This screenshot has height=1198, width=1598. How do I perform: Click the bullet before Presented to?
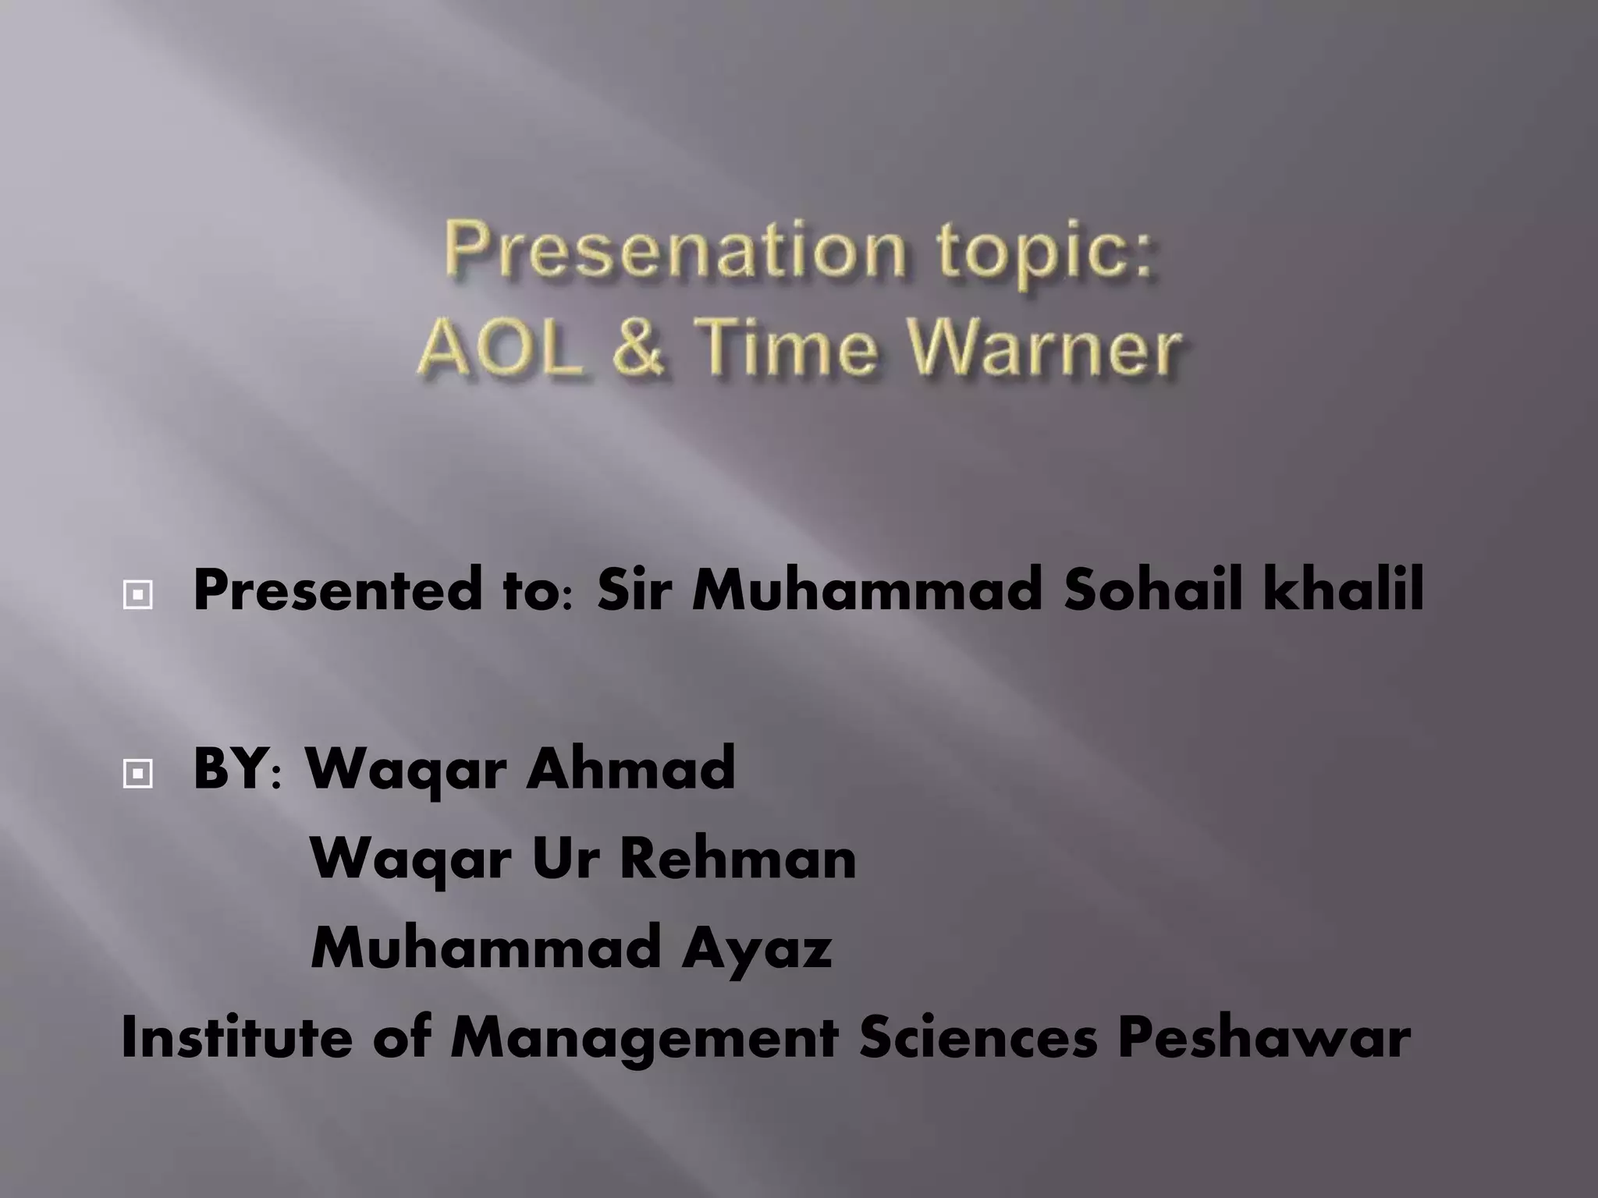pos(137,597)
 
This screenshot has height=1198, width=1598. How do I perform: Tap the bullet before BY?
pos(137,774)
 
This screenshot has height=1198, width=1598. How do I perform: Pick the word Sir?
pos(632,591)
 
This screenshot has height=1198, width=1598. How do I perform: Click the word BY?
pos(230,768)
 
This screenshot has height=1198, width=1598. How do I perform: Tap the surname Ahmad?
pos(630,768)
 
